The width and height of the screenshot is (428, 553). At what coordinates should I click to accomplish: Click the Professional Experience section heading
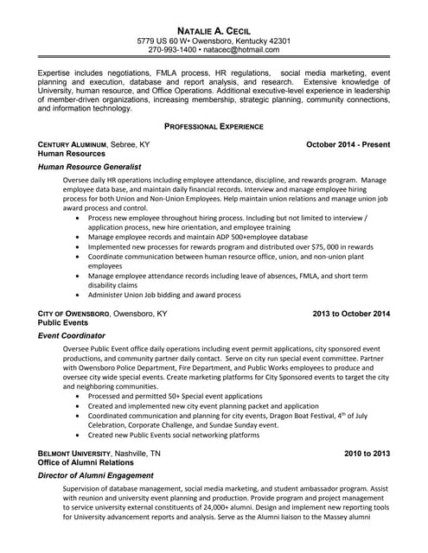214,126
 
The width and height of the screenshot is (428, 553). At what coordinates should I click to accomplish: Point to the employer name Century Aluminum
73,144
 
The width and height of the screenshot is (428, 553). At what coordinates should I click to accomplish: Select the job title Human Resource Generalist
90,166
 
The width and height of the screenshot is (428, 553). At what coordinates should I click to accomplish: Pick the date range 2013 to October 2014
349,313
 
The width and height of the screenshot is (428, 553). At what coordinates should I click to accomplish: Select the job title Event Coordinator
72,334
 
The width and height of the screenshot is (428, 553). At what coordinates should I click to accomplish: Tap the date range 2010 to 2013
367,453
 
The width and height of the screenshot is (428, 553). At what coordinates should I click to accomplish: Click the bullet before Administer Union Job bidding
80,295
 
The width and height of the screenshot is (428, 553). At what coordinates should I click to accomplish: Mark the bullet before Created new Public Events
80,435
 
